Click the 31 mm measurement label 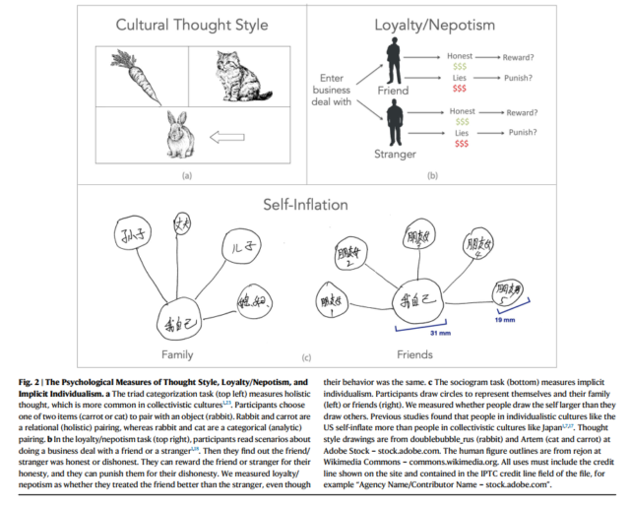coord(409,334)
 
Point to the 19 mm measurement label coord(503,320)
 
